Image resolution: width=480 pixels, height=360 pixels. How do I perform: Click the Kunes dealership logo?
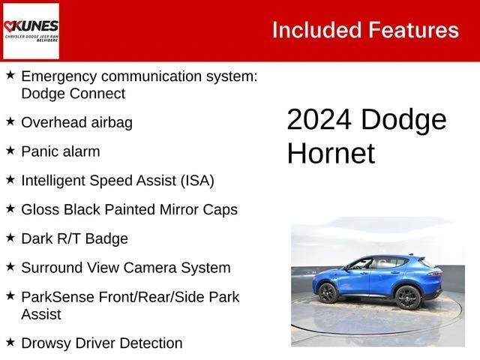pyautogui.click(x=31, y=30)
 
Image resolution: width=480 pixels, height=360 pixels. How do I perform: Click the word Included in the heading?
pyautogui.click(x=316, y=30)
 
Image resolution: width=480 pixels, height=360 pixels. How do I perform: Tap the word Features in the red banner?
pyautogui.click(x=413, y=30)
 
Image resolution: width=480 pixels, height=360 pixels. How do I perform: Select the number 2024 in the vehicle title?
pyautogui.click(x=319, y=120)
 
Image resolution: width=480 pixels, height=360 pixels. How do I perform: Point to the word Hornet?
pyautogui.click(x=331, y=154)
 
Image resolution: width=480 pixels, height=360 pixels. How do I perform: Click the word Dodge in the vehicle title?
pyautogui.click(x=403, y=120)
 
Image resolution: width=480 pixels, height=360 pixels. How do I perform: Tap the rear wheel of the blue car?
pyautogui.click(x=407, y=297)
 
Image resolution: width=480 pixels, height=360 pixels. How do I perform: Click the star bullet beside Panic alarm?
pyautogui.click(x=10, y=151)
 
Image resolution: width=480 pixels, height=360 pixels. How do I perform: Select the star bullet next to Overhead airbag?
pyautogui.click(x=10, y=121)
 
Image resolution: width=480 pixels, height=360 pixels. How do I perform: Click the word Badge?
pyautogui.click(x=106, y=238)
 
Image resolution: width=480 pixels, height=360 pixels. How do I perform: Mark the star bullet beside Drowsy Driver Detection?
pyautogui.click(x=10, y=343)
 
